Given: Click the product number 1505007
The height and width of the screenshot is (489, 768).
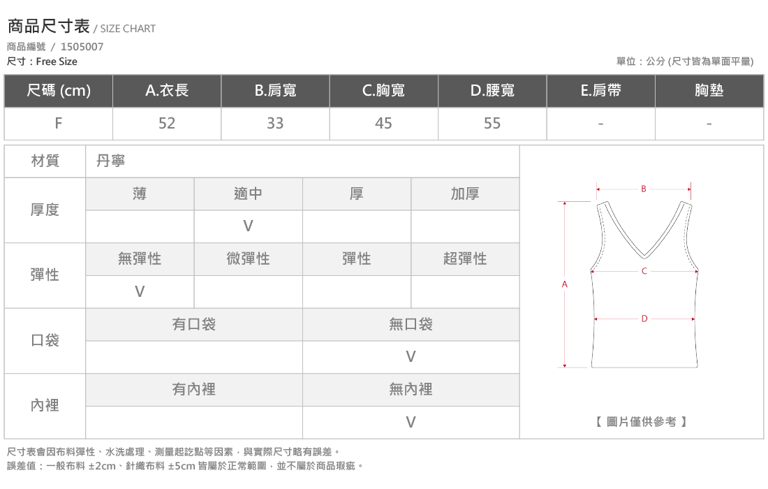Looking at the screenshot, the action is [x=82, y=47].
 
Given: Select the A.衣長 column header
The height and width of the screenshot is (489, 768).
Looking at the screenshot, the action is [x=167, y=91].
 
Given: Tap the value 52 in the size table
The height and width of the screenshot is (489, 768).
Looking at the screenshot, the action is [x=167, y=124].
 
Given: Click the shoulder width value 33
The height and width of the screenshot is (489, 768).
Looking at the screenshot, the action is [x=275, y=124].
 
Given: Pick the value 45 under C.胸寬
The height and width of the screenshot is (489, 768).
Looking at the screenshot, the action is [x=383, y=124].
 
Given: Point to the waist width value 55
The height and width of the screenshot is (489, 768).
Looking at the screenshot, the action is [x=492, y=124].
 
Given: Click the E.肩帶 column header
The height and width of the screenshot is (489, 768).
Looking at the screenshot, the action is [x=601, y=91].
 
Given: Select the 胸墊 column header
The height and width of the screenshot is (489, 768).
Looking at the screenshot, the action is [x=709, y=91].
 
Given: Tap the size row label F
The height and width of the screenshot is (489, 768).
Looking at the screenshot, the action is [x=58, y=124].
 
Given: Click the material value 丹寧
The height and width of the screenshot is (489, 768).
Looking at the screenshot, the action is [x=111, y=161].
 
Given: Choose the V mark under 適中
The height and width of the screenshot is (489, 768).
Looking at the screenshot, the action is [x=249, y=226].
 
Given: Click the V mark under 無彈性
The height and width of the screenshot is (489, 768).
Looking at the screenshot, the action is [x=140, y=292].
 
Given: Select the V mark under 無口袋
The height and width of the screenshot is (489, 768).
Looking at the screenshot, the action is [x=411, y=357].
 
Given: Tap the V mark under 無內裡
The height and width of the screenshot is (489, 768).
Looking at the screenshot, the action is [x=411, y=423].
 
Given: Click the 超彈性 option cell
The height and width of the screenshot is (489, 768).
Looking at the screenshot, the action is [x=465, y=259].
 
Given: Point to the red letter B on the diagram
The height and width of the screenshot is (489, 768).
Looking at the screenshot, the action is [x=644, y=189].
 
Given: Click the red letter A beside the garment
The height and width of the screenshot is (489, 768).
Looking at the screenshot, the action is [x=565, y=284].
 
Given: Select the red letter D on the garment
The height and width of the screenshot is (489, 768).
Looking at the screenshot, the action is [x=644, y=319].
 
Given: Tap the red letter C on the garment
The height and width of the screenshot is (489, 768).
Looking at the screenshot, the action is [x=644, y=271].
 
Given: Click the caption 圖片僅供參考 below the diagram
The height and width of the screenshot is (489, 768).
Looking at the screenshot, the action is [x=642, y=422].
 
